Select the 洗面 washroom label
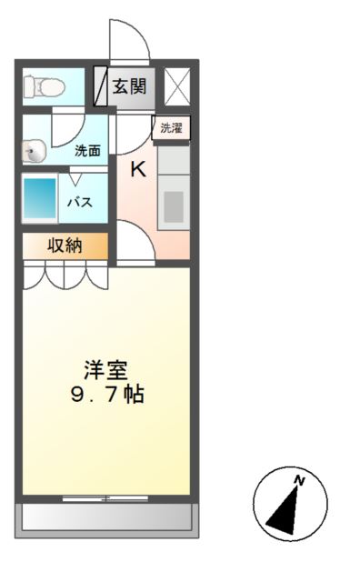coord(87,151)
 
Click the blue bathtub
coord(39,198)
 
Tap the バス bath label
coord(78,202)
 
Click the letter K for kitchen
coord(138,169)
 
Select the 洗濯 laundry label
coord(171,128)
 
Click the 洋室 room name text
coord(106,371)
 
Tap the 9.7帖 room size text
coord(106,396)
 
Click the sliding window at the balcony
coord(106,497)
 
